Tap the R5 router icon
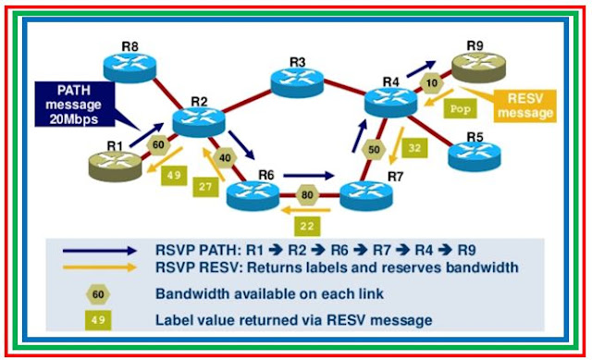pos(474,155)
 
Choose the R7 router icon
pos(366,192)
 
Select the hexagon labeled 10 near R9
pos(431,83)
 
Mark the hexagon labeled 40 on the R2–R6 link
pos(225,157)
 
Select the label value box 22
pos(308,224)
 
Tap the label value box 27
pos(205,188)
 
